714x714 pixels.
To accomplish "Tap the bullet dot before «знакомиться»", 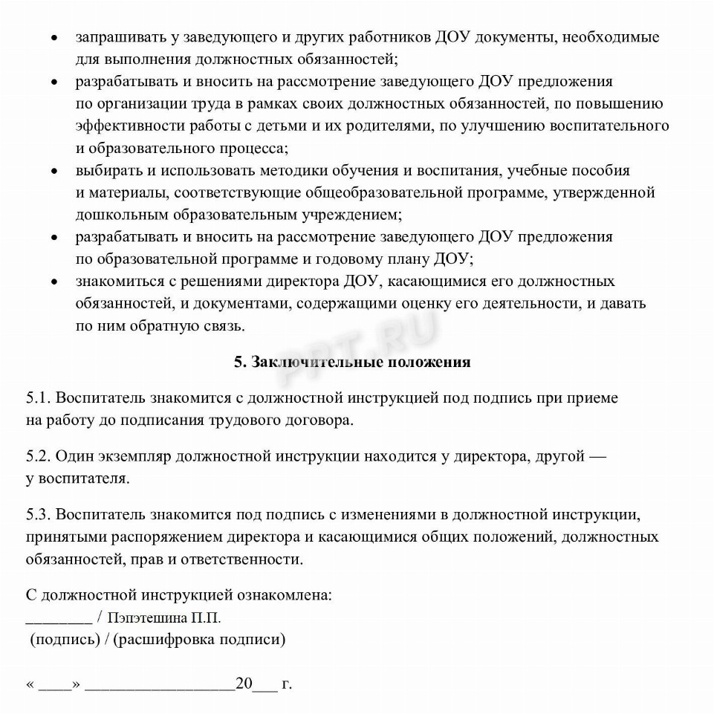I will pyautogui.click(x=54, y=282).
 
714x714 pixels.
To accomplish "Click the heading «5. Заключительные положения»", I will pyautogui.click(x=352, y=362).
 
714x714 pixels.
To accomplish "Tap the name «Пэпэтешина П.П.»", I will pyautogui.click(x=164, y=617).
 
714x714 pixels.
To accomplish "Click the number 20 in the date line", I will pyautogui.click(x=244, y=684).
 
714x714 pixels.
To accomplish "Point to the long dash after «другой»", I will pyautogui.click(x=597, y=456).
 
